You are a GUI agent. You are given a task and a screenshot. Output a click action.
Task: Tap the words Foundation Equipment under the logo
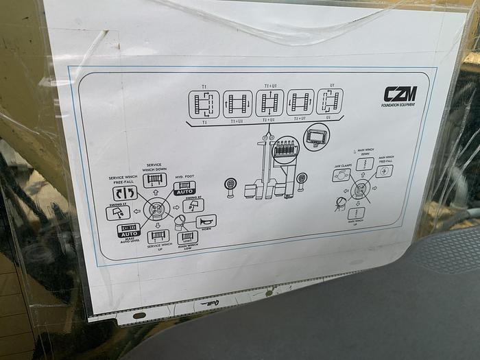pos(397,105)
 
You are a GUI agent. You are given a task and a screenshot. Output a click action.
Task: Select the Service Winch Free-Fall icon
pos(125,193)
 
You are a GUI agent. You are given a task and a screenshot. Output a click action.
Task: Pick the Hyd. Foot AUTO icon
pos(184,189)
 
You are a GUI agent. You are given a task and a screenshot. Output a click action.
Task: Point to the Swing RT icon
pos(193,204)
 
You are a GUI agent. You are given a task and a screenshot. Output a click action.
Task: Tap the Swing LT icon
pos(118,213)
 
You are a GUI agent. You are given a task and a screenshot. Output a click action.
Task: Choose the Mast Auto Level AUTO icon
pos(128,230)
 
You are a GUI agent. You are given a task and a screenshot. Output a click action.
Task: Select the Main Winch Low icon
pos(187,237)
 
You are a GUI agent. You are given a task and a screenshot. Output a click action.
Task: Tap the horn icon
pos(206,221)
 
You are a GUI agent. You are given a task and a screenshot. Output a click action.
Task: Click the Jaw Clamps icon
pos(341,176)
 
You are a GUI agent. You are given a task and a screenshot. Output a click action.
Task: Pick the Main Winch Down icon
pos(364,165)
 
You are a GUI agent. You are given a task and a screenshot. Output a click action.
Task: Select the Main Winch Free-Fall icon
pos(385,171)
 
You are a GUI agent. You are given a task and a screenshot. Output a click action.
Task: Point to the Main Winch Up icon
pos(356,213)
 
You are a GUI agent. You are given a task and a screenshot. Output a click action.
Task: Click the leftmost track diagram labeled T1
pos(204,104)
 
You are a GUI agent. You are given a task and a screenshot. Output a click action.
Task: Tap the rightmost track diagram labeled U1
pos(330,101)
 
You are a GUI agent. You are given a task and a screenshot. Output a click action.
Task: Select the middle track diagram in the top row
pos(269,103)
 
